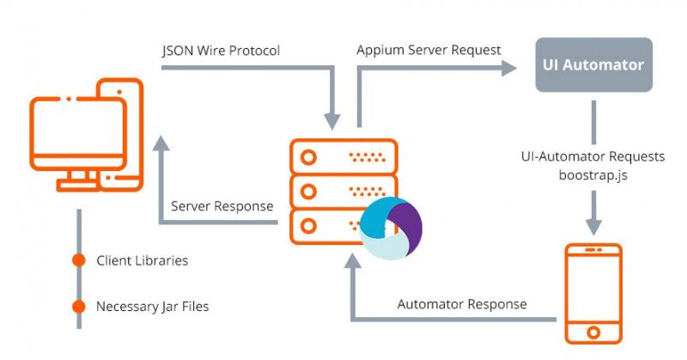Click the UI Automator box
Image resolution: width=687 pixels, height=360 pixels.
(593, 64)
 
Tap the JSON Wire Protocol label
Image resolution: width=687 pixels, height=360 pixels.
(221, 51)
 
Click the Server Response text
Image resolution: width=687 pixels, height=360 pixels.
(222, 206)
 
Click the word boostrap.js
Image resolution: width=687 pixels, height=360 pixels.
(593, 174)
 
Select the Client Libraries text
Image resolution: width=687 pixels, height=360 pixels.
(142, 259)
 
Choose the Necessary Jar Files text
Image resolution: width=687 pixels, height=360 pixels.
(152, 306)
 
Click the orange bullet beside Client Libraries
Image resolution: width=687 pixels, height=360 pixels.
(79, 259)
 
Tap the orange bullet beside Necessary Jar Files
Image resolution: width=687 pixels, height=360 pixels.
(79, 306)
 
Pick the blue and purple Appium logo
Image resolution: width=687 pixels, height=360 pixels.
(391, 228)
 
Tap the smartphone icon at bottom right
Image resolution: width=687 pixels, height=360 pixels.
(593, 292)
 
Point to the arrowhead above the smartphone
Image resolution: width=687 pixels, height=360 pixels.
(593, 225)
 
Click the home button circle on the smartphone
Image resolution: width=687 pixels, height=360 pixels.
(593, 331)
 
